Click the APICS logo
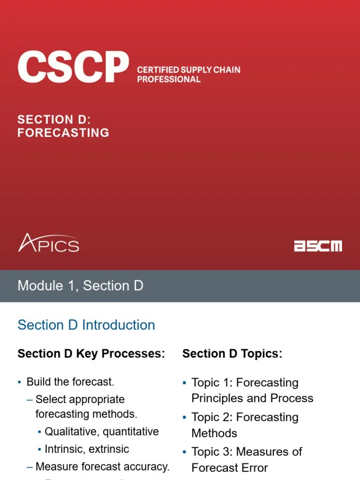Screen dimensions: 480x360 click(48, 244)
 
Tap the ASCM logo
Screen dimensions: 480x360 click(318, 246)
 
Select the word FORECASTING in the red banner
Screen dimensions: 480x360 click(63, 133)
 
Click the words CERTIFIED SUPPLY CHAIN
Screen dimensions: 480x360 click(188, 70)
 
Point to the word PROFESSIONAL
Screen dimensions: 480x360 click(169, 79)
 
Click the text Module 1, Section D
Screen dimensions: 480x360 click(80, 285)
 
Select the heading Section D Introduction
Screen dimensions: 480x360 click(86, 325)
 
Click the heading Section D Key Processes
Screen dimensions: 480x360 click(91, 354)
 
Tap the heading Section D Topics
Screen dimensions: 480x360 click(232, 354)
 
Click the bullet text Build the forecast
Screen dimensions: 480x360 click(70, 382)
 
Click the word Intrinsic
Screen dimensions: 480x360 click(63, 449)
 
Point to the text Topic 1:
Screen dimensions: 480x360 click(212, 382)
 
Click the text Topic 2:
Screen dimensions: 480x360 click(212, 417)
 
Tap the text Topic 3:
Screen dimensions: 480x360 click(212, 452)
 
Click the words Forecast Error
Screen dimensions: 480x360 click(230, 468)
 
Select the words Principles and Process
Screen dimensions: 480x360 click(252, 398)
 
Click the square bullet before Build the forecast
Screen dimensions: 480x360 click(19, 382)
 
